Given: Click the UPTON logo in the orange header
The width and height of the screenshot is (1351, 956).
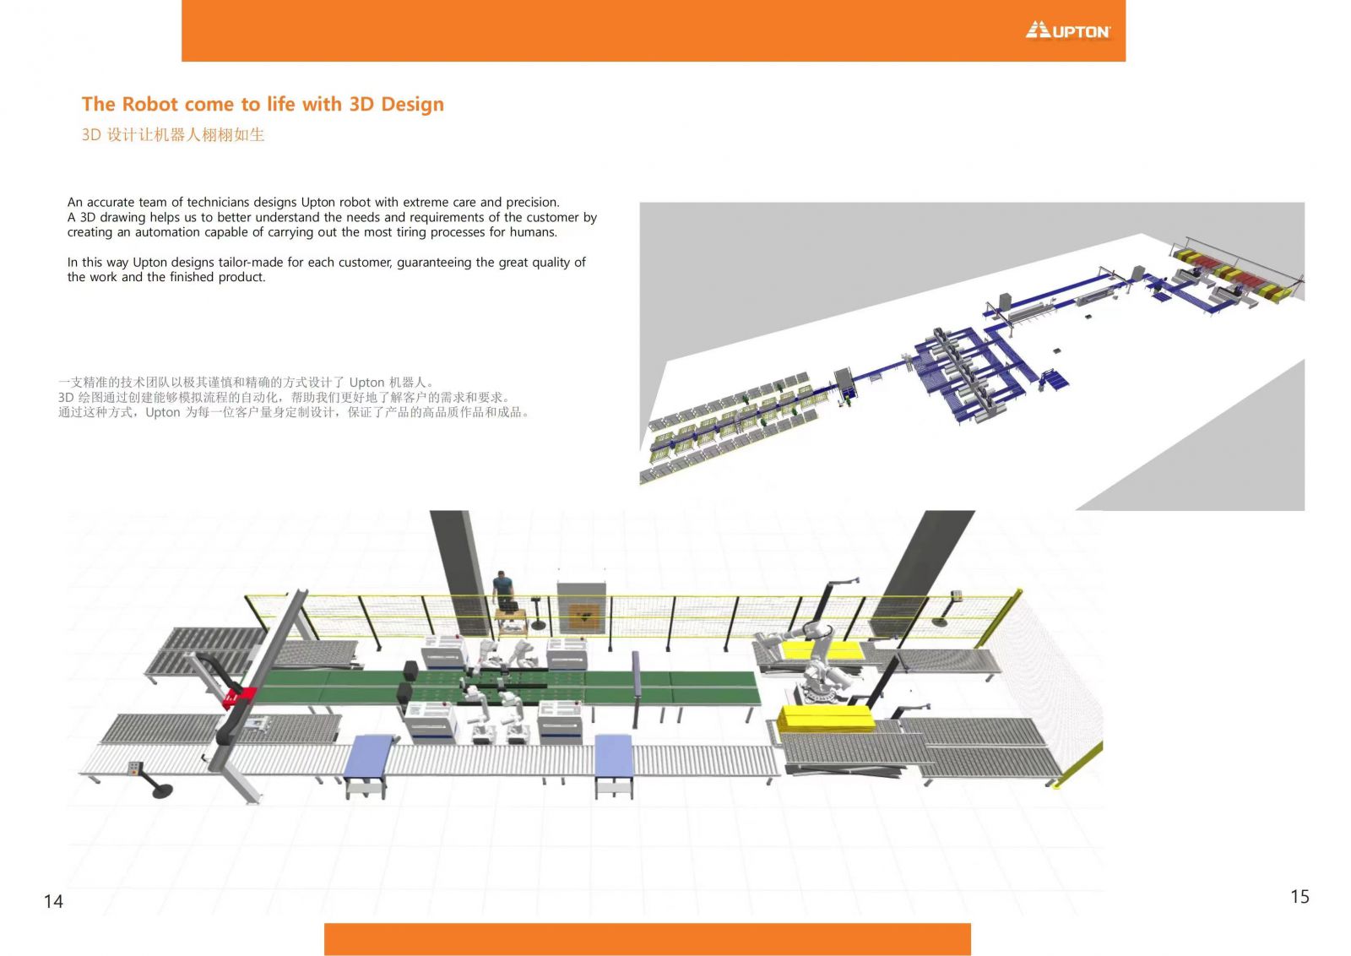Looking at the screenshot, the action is coord(1067,30).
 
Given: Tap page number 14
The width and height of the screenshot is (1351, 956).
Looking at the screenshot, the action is coord(53,901).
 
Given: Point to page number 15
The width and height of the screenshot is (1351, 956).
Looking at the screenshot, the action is coord(1299,897).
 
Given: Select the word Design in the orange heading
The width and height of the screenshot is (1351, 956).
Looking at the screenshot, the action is coord(413,105).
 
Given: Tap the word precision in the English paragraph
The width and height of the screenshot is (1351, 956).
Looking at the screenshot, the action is coord(533,203).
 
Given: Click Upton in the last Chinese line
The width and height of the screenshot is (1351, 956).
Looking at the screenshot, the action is coord(163,413).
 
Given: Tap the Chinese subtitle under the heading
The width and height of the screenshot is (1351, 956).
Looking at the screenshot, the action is coord(173,134).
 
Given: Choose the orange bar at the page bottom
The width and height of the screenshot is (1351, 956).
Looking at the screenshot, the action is coord(647,939).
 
